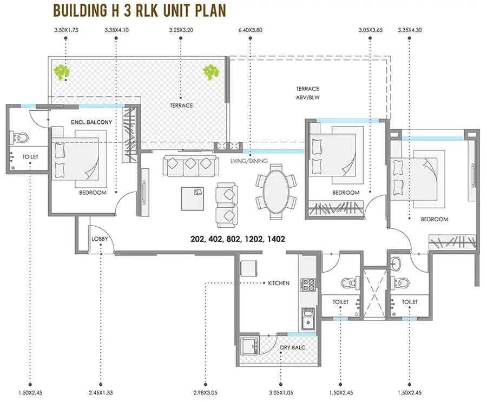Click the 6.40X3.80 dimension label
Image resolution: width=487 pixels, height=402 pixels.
coord(250,31)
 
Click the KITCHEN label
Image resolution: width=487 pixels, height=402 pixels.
coord(279,283)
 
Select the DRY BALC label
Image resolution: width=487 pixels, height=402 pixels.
coord(292,347)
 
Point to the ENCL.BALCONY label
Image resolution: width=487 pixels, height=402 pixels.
coord(91,122)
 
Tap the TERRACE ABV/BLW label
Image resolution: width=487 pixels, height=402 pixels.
coord(307,93)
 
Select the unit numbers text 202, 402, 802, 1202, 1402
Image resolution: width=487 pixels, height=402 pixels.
coord(238,238)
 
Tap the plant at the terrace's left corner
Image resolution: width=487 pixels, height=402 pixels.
coord(61,71)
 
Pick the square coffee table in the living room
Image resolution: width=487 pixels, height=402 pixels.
coord(193,197)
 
